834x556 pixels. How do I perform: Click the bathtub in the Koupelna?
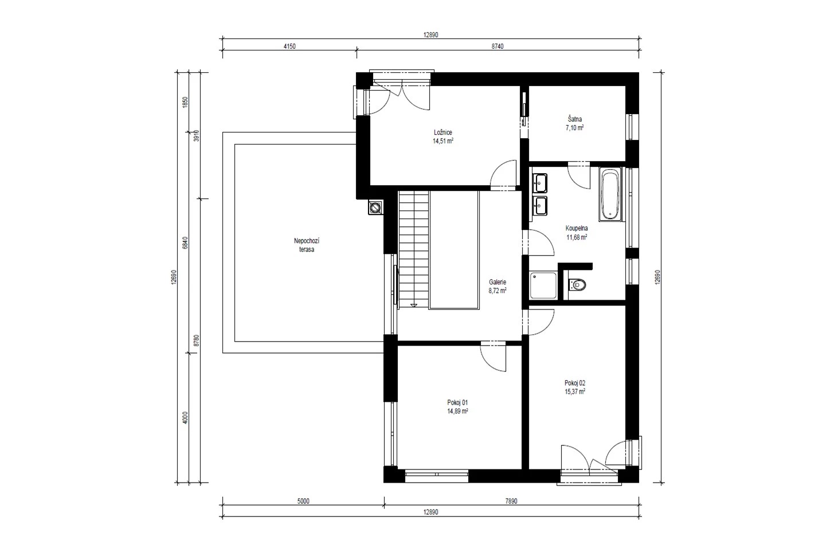pyautogui.click(x=610, y=194)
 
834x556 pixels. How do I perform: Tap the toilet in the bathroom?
pyautogui.click(x=577, y=285)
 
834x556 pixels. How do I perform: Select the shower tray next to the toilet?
pyautogui.click(x=543, y=285)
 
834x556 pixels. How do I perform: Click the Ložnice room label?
pyautogui.click(x=443, y=136)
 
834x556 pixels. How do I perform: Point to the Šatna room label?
pyautogui.click(x=574, y=123)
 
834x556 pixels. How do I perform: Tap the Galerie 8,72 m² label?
pyautogui.click(x=498, y=287)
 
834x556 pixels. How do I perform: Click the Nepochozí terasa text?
pyautogui.click(x=307, y=245)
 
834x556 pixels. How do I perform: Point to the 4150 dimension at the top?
pyautogui.click(x=289, y=46)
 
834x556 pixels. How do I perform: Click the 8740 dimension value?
pyautogui.click(x=498, y=46)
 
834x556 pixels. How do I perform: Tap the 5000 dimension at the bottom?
pyautogui.click(x=303, y=501)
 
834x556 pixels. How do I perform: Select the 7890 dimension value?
pyautogui.click(x=511, y=501)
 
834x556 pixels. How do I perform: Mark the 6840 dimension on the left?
pyautogui.click(x=185, y=242)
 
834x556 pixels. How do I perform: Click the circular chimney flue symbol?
pyautogui.click(x=375, y=207)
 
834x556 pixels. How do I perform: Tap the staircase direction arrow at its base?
pyautogui.click(x=413, y=306)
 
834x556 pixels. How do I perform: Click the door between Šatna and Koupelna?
pyautogui.click(x=578, y=175)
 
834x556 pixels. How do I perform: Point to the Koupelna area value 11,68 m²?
pyautogui.click(x=577, y=237)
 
